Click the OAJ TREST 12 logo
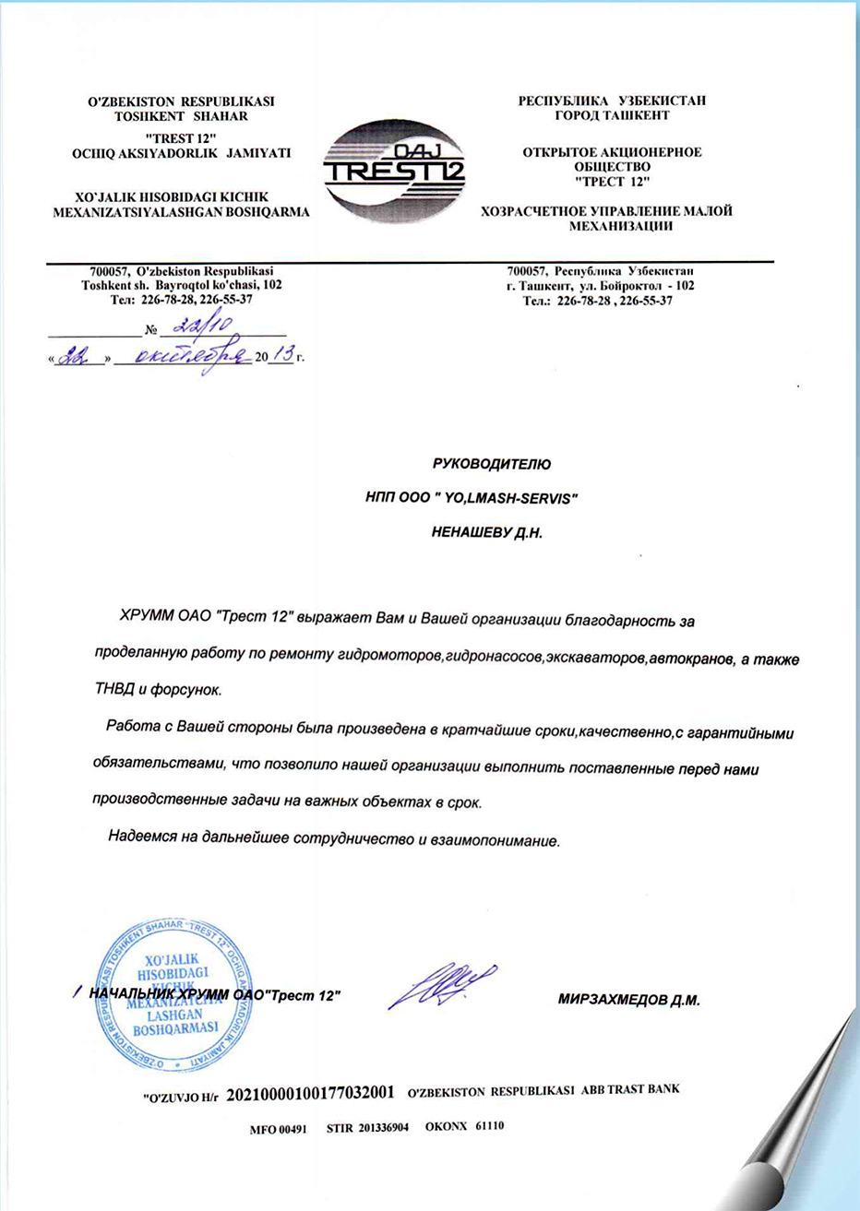[x=395, y=171]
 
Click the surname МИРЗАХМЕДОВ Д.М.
[x=628, y=999]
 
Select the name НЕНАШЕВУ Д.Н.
[x=486, y=532]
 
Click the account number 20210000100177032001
[x=311, y=1093]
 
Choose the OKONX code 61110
[x=489, y=1126]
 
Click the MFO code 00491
[x=292, y=1128]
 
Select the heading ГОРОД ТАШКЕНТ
[x=612, y=116]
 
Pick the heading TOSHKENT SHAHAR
[x=181, y=116]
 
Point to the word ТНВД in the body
[x=115, y=690]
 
